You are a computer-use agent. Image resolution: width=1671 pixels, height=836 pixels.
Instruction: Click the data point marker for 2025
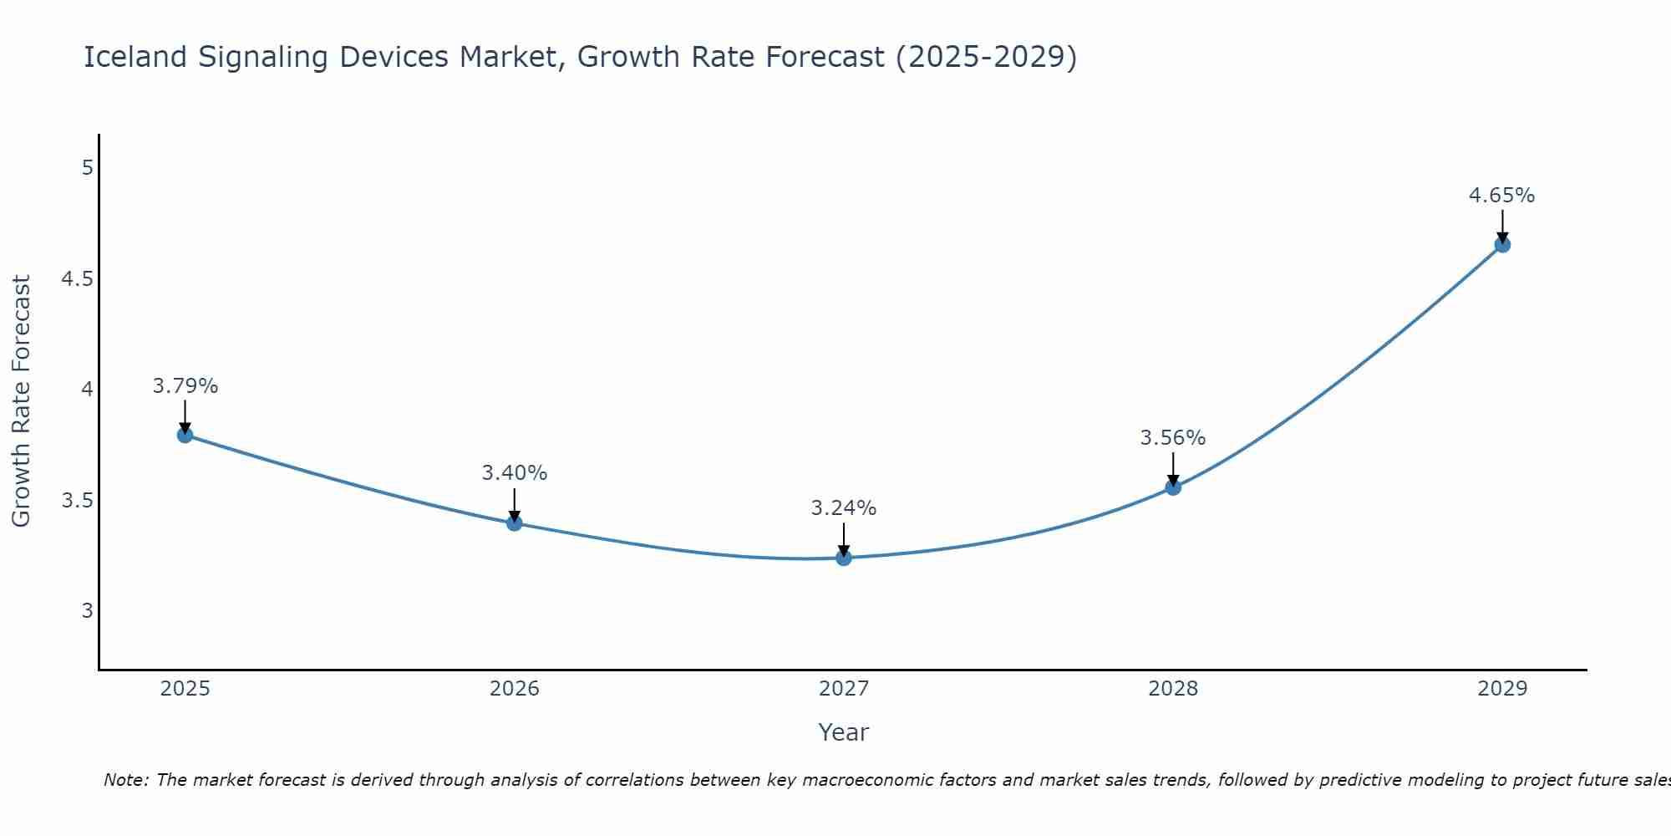[185, 435]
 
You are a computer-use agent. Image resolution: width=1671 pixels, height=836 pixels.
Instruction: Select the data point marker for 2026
[515, 523]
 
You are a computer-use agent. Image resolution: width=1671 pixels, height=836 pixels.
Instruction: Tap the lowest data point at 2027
[844, 558]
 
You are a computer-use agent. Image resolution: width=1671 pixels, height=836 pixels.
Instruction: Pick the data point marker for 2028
[1173, 487]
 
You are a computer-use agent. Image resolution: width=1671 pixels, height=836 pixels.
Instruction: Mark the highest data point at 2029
[1502, 245]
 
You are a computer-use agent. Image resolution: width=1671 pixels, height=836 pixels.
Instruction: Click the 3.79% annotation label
[185, 386]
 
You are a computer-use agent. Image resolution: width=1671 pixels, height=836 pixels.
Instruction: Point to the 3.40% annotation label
[515, 473]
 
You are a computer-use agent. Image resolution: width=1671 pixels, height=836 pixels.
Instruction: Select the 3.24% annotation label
[844, 508]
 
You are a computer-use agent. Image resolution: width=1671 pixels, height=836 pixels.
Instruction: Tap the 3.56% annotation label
[1173, 438]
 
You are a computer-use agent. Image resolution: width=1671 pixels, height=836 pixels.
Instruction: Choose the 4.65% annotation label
[1502, 196]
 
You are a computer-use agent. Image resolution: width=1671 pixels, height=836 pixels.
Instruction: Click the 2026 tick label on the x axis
[515, 689]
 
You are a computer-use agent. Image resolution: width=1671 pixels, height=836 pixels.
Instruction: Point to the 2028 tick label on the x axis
[1173, 689]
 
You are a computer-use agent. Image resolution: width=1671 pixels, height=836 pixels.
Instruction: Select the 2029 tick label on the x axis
[1502, 689]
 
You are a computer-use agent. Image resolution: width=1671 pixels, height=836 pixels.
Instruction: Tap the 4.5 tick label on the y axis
[77, 279]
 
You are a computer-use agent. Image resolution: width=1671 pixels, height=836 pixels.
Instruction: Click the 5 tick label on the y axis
[87, 168]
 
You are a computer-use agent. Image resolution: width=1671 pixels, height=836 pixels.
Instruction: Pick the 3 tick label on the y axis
[87, 611]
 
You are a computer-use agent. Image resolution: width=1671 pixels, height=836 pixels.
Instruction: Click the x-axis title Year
[844, 732]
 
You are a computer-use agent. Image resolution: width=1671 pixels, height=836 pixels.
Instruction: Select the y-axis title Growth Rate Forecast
[22, 401]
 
